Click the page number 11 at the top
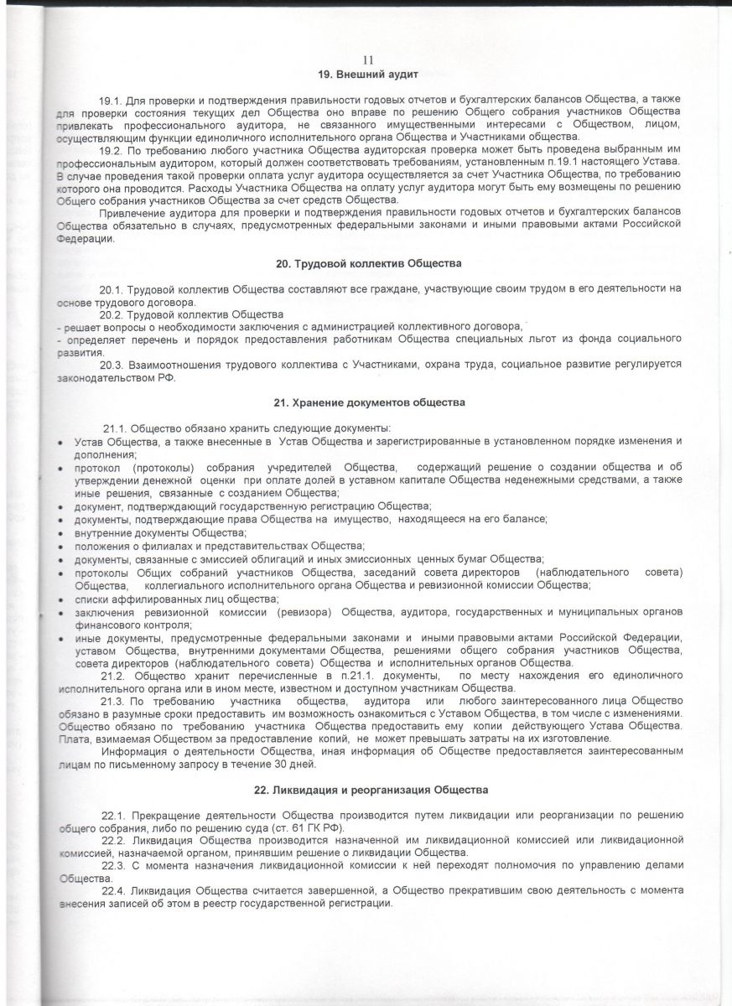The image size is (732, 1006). (x=366, y=60)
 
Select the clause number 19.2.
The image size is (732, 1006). (x=111, y=149)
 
